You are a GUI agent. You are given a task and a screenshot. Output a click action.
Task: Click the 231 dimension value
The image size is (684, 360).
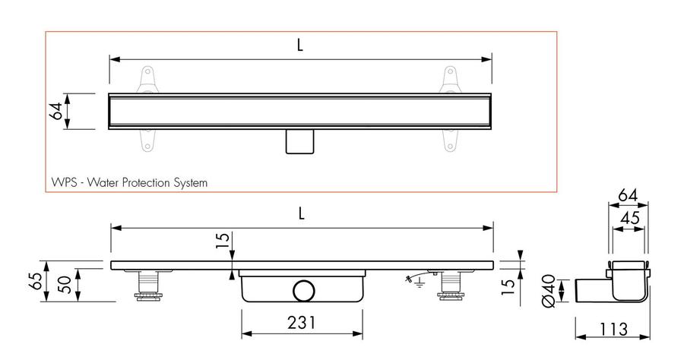(x=302, y=323)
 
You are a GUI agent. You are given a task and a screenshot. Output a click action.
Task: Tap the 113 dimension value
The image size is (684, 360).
(x=613, y=329)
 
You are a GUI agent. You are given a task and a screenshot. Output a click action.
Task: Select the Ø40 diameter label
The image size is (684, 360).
(x=549, y=291)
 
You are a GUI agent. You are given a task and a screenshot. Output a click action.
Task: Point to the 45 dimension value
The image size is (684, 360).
(x=629, y=217)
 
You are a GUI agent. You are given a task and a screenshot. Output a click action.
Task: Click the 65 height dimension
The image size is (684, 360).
(x=36, y=281)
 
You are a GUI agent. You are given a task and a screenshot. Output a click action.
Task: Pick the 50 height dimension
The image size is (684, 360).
(x=65, y=285)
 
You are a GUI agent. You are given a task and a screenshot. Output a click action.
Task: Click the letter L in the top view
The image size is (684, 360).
(x=299, y=45)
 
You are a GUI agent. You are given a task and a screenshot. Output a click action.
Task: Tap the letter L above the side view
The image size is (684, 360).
(x=301, y=213)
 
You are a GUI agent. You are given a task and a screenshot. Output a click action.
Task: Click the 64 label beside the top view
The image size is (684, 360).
(x=55, y=111)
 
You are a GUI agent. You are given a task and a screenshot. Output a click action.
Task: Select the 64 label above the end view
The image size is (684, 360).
(x=628, y=195)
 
